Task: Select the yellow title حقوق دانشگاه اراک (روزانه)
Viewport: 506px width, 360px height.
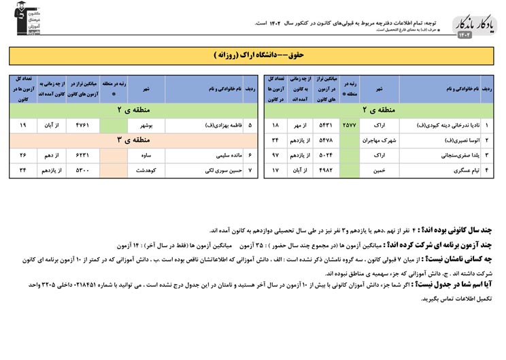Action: (x=252, y=54)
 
